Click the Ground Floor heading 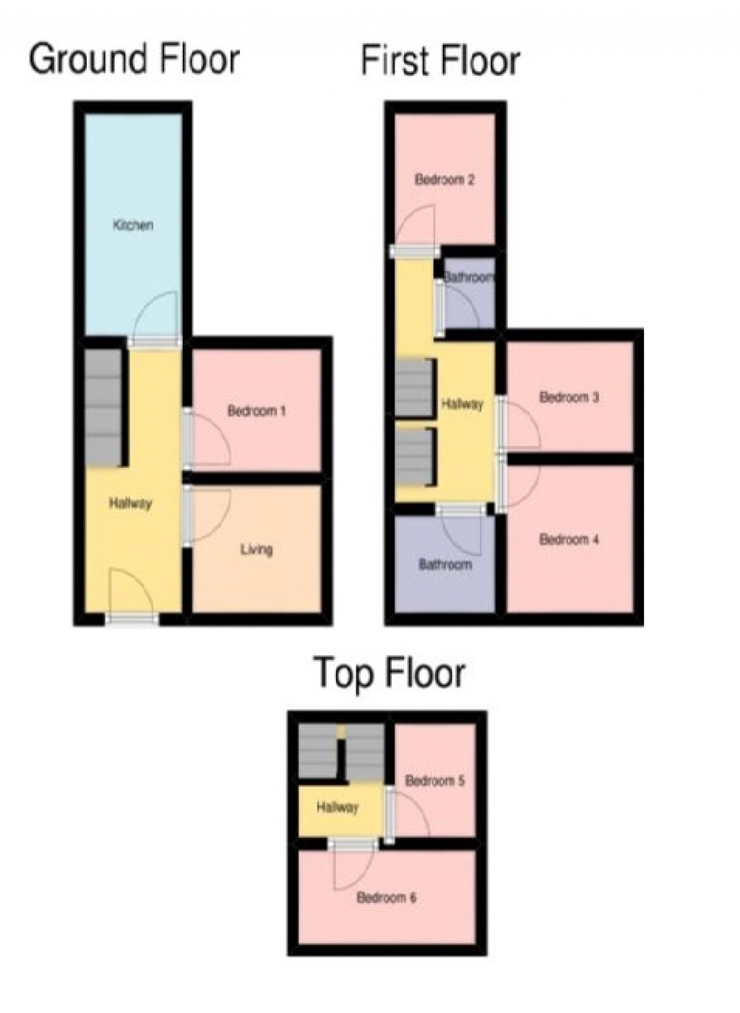click(x=134, y=59)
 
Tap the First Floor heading click(x=440, y=61)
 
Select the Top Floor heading click(x=390, y=673)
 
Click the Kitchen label click(x=133, y=225)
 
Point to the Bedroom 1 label click(x=257, y=411)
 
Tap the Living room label click(x=257, y=550)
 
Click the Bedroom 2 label click(x=444, y=179)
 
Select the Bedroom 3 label click(x=569, y=397)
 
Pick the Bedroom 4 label click(x=569, y=539)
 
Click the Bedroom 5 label click(x=434, y=781)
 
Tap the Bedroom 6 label click(x=386, y=898)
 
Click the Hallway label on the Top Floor click(x=337, y=808)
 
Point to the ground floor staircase click(x=102, y=408)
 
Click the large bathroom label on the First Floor click(x=445, y=565)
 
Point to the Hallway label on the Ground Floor click(x=130, y=503)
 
